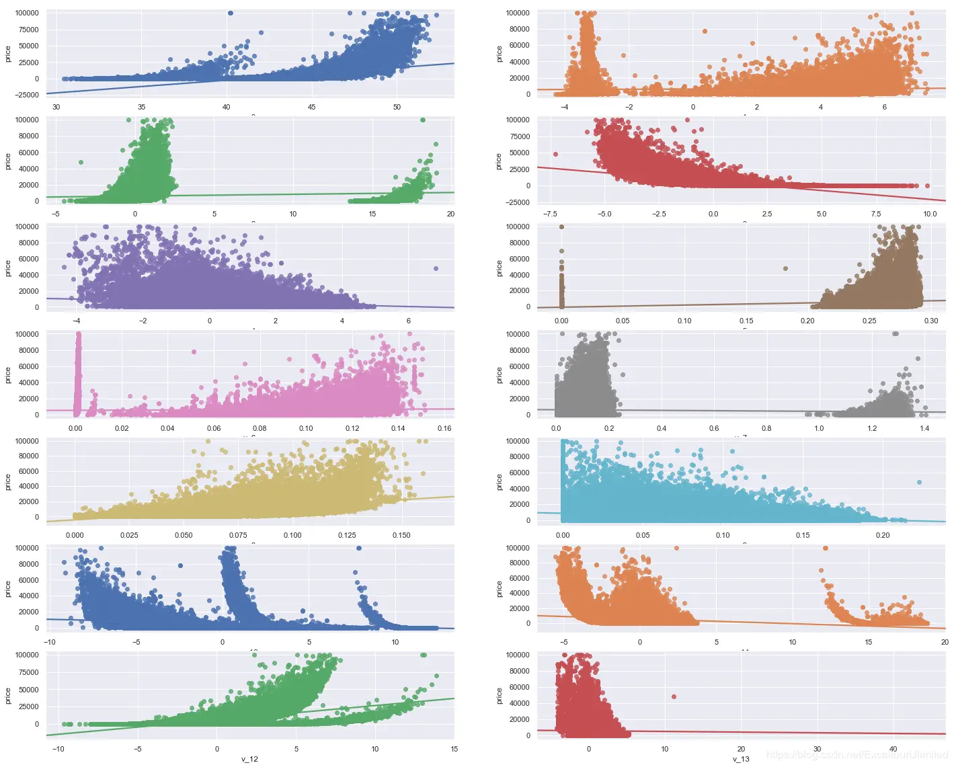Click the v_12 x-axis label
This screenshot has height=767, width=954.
pyautogui.click(x=249, y=759)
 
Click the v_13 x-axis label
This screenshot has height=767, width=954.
pyautogui.click(x=741, y=759)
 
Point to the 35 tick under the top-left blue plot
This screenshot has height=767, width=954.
pyautogui.click(x=141, y=107)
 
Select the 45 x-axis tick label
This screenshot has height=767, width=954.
pyautogui.click(x=311, y=107)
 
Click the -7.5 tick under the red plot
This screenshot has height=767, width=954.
pyautogui.click(x=550, y=214)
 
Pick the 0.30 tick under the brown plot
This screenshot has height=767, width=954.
pyautogui.click(x=931, y=321)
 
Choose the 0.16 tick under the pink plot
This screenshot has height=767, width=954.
pyautogui.click(x=444, y=428)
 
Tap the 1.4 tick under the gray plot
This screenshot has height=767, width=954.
pyautogui.click(x=924, y=428)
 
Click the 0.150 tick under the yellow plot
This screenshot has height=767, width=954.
pyautogui.click(x=401, y=535)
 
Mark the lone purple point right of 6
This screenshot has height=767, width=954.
pyautogui.click(x=436, y=268)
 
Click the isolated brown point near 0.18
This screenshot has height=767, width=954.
pyautogui.click(x=785, y=268)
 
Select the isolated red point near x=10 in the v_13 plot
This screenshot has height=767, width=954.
pyautogui.click(x=674, y=696)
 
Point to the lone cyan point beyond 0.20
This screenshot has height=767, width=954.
pyautogui.click(x=919, y=482)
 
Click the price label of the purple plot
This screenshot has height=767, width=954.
pyautogui.click(x=8, y=268)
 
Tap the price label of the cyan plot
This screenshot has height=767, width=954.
pyautogui.click(x=500, y=481)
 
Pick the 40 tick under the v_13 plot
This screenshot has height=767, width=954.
pyautogui.click(x=893, y=749)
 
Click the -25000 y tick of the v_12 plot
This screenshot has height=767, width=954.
pyautogui.click(x=26, y=740)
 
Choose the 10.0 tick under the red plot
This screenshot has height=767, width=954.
pyautogui.click(x=930, y=214)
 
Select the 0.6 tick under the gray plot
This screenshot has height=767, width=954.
pyautogui.click(x=714, y=428)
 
